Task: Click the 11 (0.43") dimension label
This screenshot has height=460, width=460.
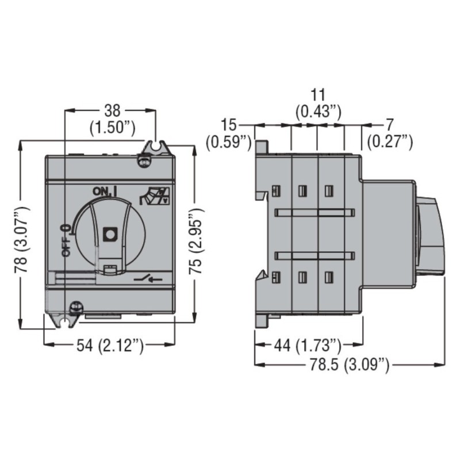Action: coord(318,102)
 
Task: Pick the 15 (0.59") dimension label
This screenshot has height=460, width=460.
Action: coord(229,133)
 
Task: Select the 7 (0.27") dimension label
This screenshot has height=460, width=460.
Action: coord(390,133)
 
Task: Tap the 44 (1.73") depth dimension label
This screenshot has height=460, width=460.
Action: coord(307,345)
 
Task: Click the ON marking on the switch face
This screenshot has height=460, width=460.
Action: coord(101,191)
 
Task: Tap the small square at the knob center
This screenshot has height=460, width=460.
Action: coord(109,233)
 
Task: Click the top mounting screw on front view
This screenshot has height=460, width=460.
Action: coord(142,162)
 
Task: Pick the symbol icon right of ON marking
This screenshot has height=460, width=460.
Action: coord(156,196)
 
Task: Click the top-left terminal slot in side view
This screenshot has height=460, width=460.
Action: coord(275,190)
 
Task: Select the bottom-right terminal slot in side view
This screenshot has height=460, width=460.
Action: coord(328,278)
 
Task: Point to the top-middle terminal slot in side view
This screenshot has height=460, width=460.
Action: coord(302,190)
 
